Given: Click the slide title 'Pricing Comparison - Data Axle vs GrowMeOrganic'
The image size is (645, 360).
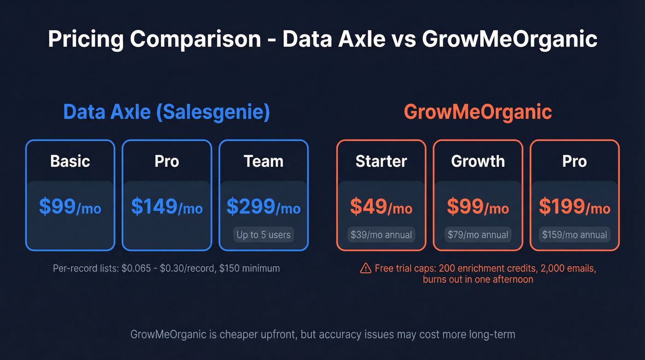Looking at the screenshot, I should click(322, 39).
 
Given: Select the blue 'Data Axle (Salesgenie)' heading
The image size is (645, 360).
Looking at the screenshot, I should click(166, 112).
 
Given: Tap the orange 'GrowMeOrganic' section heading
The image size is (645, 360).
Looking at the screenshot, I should click(478, 112).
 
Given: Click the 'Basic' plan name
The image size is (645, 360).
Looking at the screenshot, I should click(70, 161).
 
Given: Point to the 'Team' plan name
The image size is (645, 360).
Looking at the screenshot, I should click(264, 161).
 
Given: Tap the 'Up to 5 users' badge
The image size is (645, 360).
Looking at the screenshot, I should click(264, 235).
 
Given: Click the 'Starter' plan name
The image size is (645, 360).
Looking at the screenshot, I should click(381, 161).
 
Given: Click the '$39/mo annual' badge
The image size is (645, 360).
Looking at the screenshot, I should click(381, 235).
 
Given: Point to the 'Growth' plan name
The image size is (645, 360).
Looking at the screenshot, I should click(478, 161).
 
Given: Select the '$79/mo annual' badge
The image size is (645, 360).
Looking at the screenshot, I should click(478, 235).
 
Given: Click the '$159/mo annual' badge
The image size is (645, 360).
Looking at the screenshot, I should click(575, 235).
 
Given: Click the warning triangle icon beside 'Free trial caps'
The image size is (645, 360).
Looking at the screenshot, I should click(366, 268).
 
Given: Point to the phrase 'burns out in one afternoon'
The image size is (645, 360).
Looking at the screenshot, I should click(478, 279).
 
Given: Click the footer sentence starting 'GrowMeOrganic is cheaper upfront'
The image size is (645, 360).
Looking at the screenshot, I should click(322, 335).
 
